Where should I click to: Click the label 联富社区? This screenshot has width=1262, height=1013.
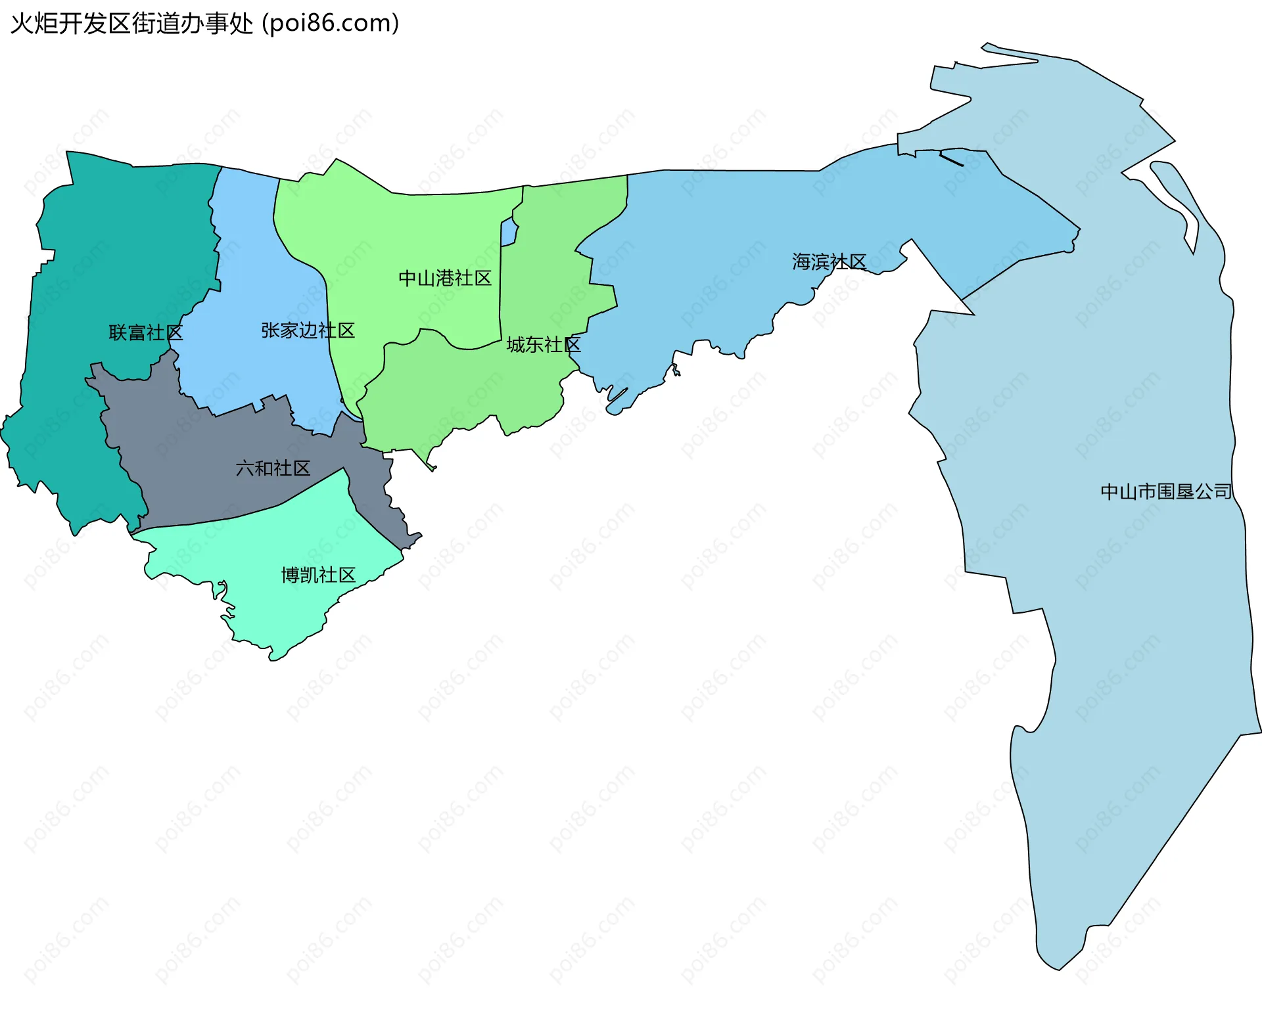(145, 333)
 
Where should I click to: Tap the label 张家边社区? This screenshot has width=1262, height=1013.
(308, 330)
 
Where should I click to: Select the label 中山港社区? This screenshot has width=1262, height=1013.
(445, 279)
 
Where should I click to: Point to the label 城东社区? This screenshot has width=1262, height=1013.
(543, 345)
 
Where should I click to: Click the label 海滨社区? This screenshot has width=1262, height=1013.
(829, 262)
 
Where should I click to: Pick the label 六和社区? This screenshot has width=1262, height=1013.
(273, 468)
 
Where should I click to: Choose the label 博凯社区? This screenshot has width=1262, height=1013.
(318, 575)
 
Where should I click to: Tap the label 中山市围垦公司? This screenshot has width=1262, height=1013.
(1166, 491)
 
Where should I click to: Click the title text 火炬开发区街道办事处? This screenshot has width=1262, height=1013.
(131, 24)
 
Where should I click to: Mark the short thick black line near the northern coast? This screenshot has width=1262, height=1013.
(951, 159)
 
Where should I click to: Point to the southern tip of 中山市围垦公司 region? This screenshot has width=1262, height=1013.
(1058, 966)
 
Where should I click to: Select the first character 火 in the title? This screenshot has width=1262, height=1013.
(22, 24)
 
